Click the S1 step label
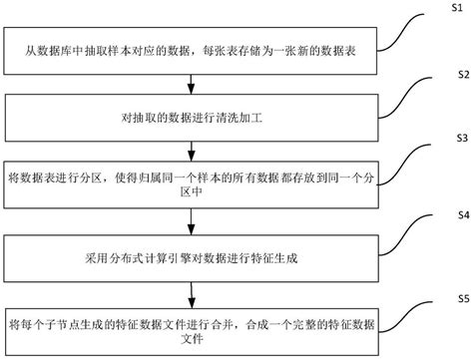[x=449, y=8]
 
